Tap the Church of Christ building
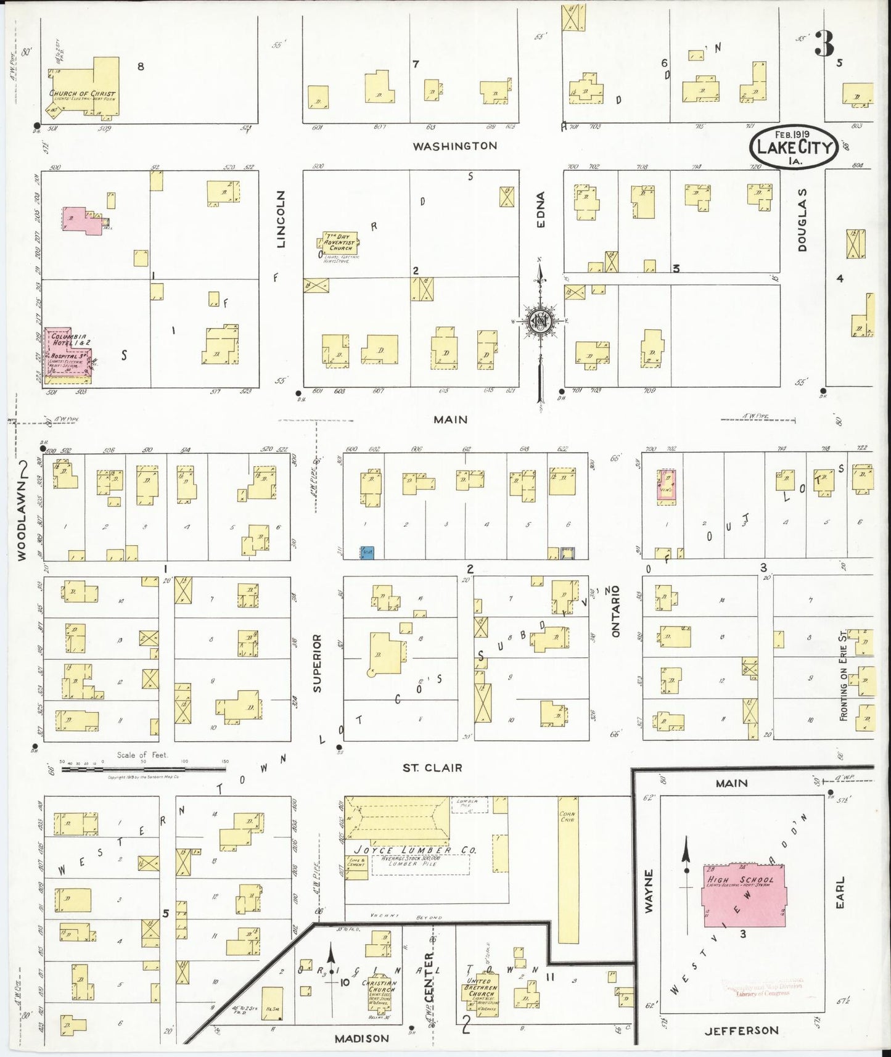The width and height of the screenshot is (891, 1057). pos(86,93)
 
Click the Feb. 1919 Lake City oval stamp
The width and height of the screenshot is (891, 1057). pos(793,148)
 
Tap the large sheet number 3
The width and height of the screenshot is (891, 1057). pos(824,44)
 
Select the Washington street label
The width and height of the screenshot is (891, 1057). pos(454,146)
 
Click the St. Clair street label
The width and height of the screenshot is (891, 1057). pos(432,768)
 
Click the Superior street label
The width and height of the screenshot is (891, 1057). pos(317,663)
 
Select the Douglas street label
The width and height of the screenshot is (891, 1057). pos(802,220)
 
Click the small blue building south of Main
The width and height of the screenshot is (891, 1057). pos(367,553)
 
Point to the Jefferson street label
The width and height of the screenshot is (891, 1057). pos(741,1030)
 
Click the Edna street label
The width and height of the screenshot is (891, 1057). pos(541,210)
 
